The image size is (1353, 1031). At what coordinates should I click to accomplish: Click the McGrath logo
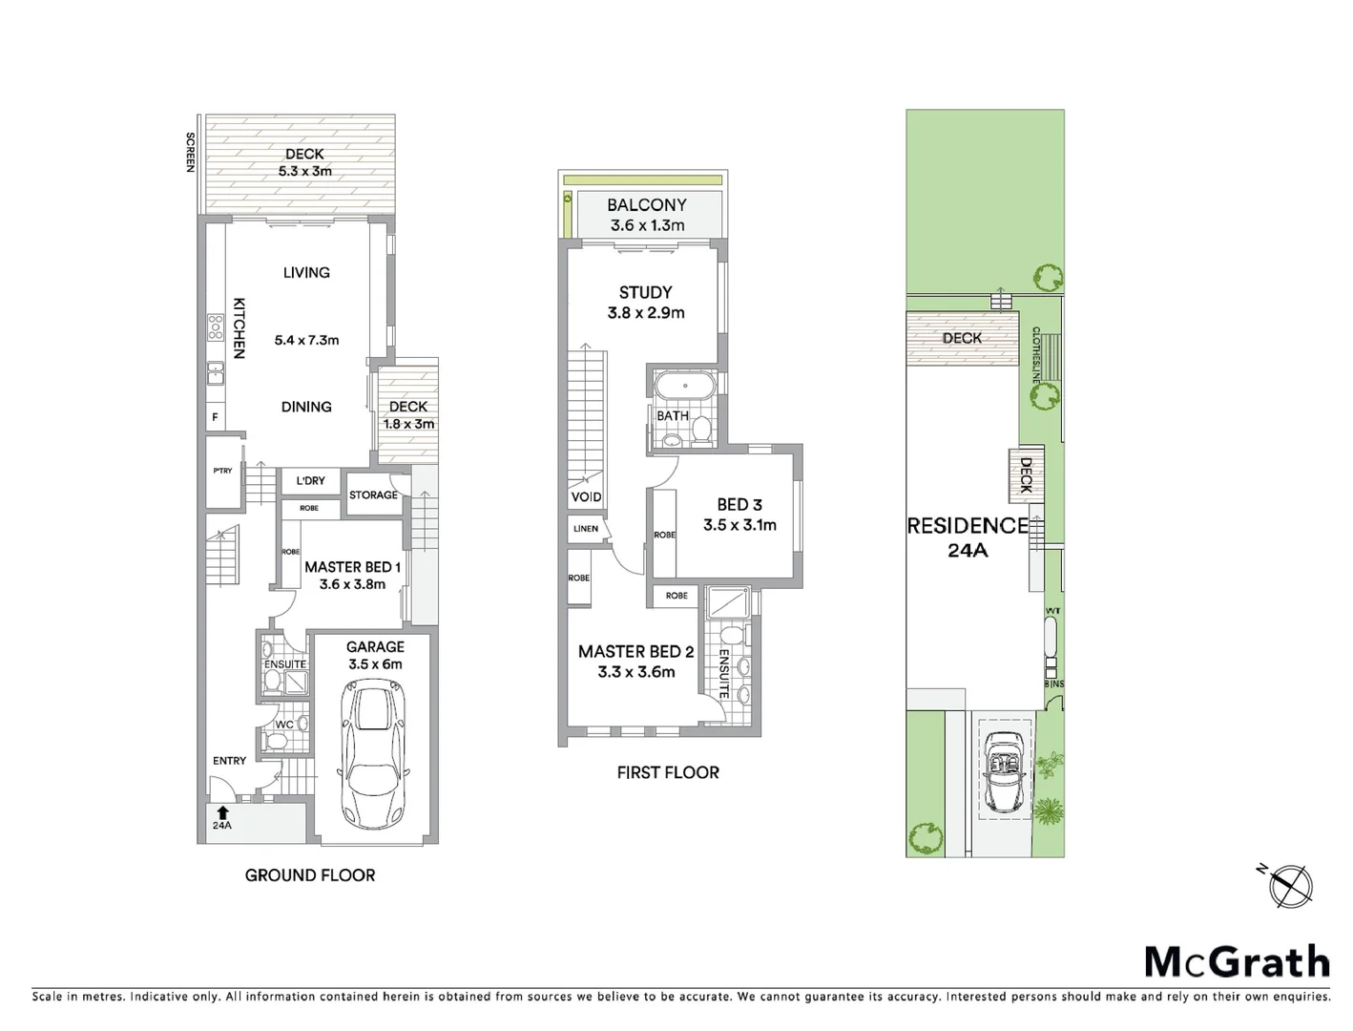(1237, 961)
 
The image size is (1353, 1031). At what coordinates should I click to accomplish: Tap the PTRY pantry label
(222, 471)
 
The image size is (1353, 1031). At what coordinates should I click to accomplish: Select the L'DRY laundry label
(310, 481)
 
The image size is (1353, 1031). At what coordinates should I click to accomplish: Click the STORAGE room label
(373, 495)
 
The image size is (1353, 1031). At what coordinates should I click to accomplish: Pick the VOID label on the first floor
(586, 497)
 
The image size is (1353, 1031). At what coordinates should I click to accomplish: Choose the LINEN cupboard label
(586, 529)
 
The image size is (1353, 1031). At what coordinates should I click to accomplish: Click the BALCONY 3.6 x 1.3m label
(647, 215)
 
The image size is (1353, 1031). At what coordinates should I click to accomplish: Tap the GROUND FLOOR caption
(310, 875)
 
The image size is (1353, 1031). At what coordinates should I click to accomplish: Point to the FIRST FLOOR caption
(668, 773)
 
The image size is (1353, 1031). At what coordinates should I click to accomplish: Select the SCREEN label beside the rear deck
(190, 152)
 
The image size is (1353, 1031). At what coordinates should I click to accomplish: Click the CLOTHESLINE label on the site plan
(1035, 355)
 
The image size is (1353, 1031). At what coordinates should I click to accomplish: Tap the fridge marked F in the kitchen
(215, 417)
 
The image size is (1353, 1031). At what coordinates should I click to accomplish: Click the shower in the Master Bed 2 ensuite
(728, 603)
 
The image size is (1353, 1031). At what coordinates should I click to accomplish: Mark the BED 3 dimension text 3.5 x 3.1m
(739, 525)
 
